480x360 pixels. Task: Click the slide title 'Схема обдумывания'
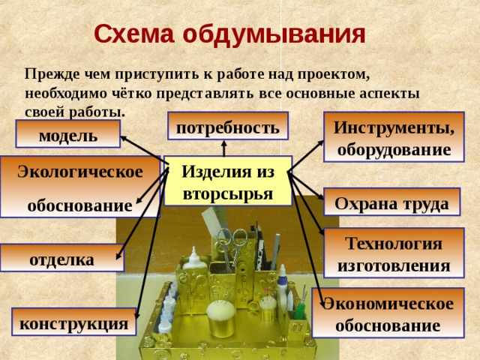click(x=229, y=34)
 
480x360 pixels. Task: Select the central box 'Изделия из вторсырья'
click(x=228, y=181)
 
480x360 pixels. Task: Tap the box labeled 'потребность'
click(x=227, y=128)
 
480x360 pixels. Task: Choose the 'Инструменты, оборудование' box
click(x=394, y=137)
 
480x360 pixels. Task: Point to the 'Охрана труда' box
click(x=391, y=202)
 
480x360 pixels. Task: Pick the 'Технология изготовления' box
click(x=394, y=253)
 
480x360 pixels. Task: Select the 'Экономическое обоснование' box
click(x=388, y=314)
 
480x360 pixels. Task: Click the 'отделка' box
click(x=61, y=259)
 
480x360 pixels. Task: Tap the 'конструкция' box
click(x=73, y=323)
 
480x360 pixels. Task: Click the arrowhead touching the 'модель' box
click(x=124, y=139)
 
